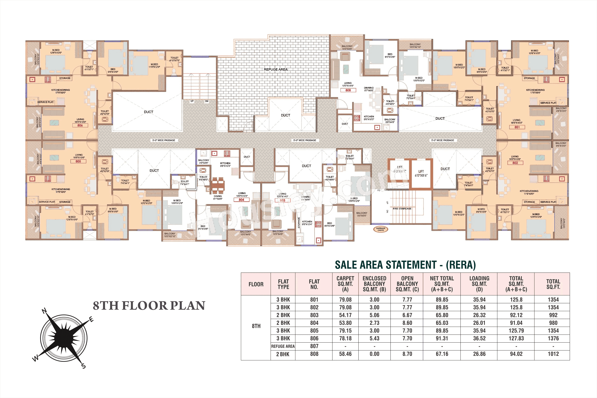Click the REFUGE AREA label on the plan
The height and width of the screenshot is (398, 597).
pos(276,69)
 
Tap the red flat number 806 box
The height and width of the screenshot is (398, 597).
pos(80,125)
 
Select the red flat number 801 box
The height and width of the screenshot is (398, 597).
pos(517,127)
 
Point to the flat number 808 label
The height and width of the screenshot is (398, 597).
pos(348,90)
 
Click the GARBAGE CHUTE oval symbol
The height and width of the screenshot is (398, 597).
pos(380,229)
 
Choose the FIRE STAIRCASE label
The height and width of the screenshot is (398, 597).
pos(402,209)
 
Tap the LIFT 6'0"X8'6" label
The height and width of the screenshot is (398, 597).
pos(421,173)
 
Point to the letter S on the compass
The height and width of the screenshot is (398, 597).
pos(84,366)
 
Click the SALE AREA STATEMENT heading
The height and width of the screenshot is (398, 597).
pos(405,265)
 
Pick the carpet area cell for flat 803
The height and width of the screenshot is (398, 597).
pos(345,315)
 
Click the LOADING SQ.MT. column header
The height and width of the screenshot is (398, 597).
pos(479,284)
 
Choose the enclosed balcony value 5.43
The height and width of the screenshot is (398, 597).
pos(374,338)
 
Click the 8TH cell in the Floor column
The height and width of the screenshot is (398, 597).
pos(256,326)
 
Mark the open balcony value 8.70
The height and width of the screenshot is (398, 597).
pos(407,354)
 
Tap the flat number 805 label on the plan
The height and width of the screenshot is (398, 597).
pos(78,161)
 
